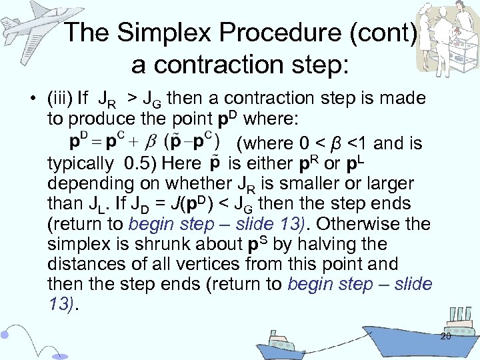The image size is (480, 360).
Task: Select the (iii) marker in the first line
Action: (x=60, y=99)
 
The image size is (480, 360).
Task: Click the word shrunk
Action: (x=163, y=244)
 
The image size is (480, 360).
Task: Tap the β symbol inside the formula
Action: (x=151, y=141)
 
